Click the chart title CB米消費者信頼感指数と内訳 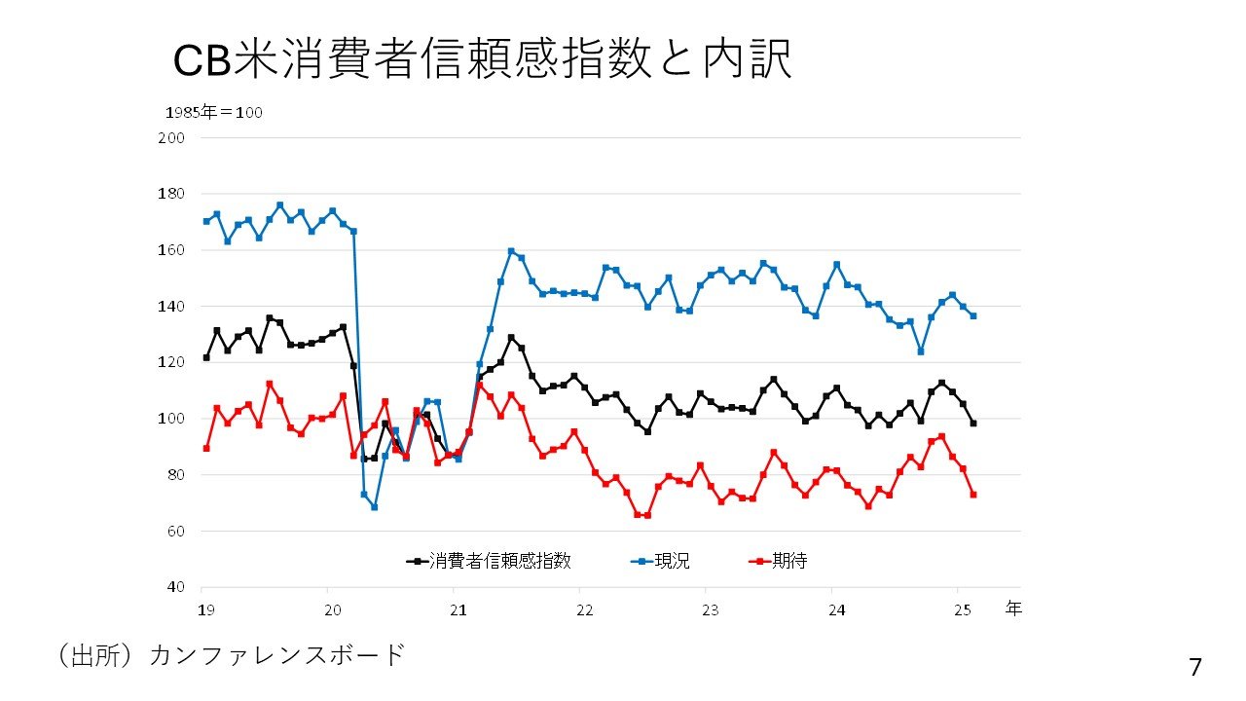point(482,60)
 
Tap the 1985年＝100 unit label point(213,113)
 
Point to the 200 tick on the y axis point(172,138)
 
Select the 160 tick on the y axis point(172,250)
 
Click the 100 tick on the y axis point(172,419)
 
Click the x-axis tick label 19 point(205,609)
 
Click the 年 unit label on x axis point(1013,609)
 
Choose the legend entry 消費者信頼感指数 point(489,561)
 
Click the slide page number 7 point(1195,668)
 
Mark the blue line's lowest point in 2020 point(374,507)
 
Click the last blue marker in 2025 point(973,315)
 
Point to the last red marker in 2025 point(973,495)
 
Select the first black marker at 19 point(206,357)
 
